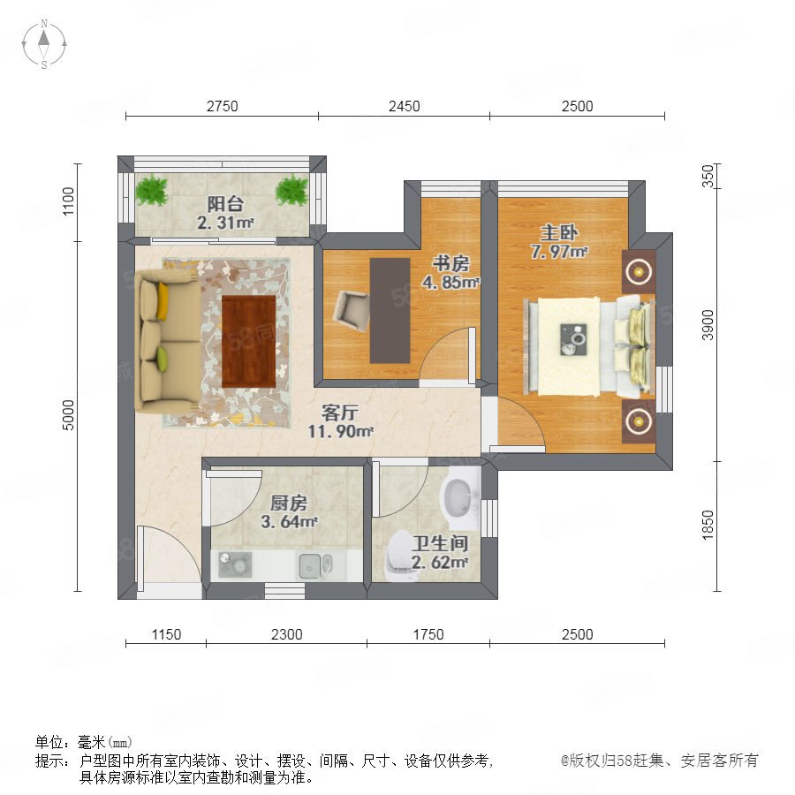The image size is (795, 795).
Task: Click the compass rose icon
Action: tap(44, 44)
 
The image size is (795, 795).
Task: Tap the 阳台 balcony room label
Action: tap(225, 204)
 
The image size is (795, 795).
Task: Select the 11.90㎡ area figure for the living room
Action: tap(340, 431)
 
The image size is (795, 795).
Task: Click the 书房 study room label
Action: tap(450, 263)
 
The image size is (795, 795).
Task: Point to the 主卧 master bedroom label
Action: tap(559, 232)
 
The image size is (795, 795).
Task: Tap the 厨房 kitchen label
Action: tap(289, 503)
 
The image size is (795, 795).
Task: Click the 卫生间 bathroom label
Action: tap(440, 543)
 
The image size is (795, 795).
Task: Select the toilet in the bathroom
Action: tap(401, 556)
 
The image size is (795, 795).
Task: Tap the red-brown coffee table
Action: tap(248, 341)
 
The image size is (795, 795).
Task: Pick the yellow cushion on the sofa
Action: tap(163, 301)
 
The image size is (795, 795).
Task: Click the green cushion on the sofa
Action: tap(163, 359)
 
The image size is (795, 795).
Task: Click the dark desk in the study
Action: tap(390, 311)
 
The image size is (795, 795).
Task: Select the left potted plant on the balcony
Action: tap(152, 190)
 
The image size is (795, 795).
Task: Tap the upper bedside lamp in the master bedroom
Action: tap(639, 272)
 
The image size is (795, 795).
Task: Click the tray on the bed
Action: tap(574, 339)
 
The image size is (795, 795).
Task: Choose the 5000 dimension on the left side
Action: tap(68, 415)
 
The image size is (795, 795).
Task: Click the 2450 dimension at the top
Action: tap(404, 106)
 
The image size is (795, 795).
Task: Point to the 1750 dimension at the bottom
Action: tap(428, 634)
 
